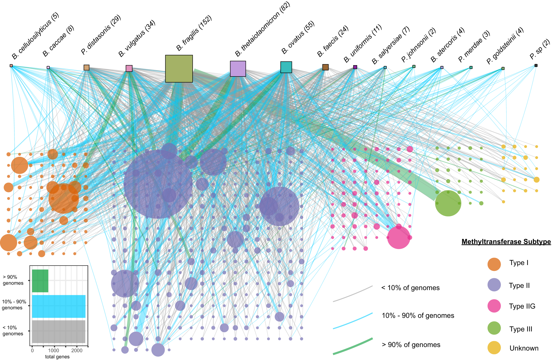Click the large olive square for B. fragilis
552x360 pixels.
(x=179, y=69)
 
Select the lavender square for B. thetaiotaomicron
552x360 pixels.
(x=238, y=69)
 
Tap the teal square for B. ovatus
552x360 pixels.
(x=286, y=67)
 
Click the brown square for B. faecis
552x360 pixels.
(x=325, y=67)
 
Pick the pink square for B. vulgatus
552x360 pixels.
(x=129, y=68)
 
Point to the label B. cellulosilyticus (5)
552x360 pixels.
(x=35, y=36)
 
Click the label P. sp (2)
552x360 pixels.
(x=540, y=49)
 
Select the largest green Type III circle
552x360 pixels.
(x=448, y=203)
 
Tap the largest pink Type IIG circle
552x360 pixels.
(x=399, y=237)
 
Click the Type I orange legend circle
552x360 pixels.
(x=494, y=264)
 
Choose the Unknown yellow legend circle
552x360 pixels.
(x=494, y=348)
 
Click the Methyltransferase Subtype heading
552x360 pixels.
(x=506, y=242)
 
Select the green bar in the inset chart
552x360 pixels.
(x=40, y=281)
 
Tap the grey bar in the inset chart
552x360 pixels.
(x=59, y=332)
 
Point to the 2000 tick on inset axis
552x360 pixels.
(x=77, y=351)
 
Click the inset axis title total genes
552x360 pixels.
(x=57, y=357)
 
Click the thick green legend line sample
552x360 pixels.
(x=353, y=346)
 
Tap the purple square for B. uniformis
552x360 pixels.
(x=355, y=67)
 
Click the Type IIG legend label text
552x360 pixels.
(x=522, y=306)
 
